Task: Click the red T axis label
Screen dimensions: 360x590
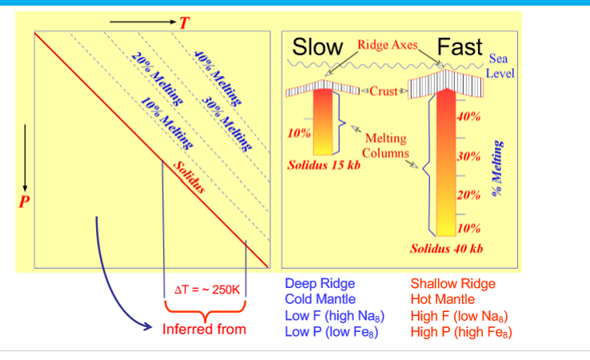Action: [183, 22]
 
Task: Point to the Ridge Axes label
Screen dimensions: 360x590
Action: [388, 45]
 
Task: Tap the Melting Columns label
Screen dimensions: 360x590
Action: [386, 146]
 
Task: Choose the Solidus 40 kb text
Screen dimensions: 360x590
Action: [447, 249]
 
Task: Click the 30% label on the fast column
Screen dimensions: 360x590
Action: [468, 155]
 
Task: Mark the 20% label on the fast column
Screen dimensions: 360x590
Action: [468, 194]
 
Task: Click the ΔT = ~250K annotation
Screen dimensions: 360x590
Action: [206, 289]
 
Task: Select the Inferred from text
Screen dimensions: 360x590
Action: [204, 329]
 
